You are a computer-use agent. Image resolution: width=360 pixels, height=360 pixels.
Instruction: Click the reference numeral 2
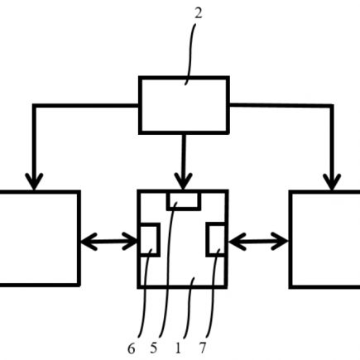point(199,13)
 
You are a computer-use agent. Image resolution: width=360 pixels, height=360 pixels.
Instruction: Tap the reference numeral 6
point(132,349)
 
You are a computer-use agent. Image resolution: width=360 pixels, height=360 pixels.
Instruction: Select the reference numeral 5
point(154,348)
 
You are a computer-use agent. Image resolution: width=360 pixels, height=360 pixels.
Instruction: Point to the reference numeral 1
point(178,348)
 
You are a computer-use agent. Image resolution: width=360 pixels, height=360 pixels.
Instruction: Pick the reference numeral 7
point(203,348)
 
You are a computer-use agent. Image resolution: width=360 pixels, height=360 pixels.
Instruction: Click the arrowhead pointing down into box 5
point(184,181)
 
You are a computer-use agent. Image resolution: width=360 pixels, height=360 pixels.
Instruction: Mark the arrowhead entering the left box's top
point(34,181)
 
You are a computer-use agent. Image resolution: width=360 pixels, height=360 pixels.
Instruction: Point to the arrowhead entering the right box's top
point(332,182)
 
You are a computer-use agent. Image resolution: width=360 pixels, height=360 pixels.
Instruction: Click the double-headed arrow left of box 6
point(109,242)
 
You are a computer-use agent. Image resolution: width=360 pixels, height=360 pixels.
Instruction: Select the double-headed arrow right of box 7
point(258,242)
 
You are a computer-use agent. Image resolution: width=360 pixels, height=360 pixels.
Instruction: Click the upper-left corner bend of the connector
point(34,106)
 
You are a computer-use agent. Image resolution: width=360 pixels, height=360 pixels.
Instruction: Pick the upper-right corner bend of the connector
point(332,106)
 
